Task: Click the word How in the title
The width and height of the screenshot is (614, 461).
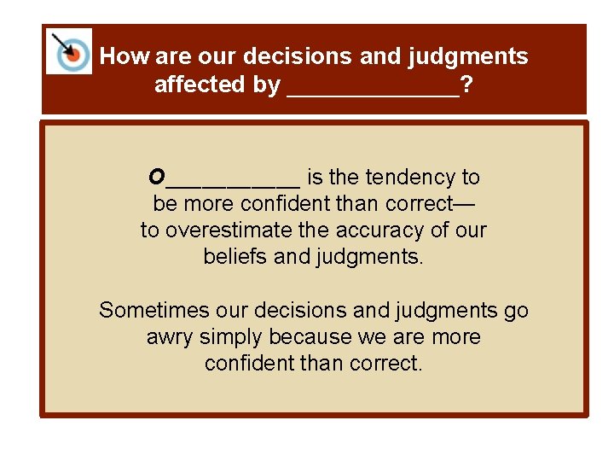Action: (x=124, y=56)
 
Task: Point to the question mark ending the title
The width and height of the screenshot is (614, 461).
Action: (x=467, y=85)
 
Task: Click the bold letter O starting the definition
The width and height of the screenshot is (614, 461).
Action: (x=157, y=177)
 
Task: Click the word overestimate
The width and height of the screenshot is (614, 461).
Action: (x=225, y=230)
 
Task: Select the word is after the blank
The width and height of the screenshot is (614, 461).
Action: (x=315, y=177)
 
